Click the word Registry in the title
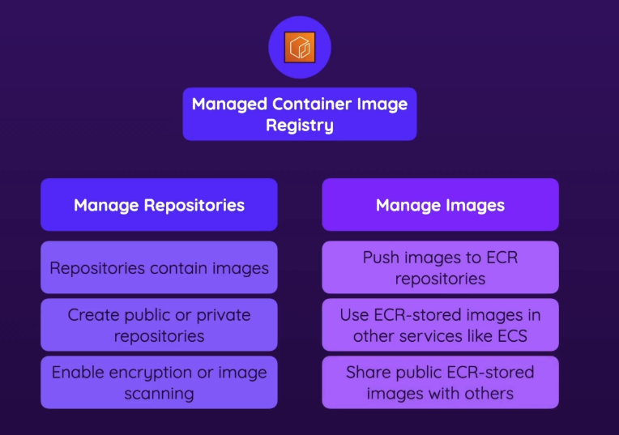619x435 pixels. coord(300,126)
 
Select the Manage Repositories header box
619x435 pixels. coord(159,205)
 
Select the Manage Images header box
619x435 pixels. coord(440,205)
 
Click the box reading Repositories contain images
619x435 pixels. coord(159,267)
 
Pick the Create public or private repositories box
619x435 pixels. coord(159,325)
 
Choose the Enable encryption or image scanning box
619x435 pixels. coord(159,382)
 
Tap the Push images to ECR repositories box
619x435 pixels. coord(440,267)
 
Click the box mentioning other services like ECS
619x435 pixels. coord(440,325)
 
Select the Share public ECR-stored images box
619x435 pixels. coord(440,382)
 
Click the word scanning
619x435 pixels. coord(159,394)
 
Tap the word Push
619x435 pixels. coord(381,258)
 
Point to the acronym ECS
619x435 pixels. coord(510,335)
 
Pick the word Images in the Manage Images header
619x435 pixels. coord(473,205)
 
